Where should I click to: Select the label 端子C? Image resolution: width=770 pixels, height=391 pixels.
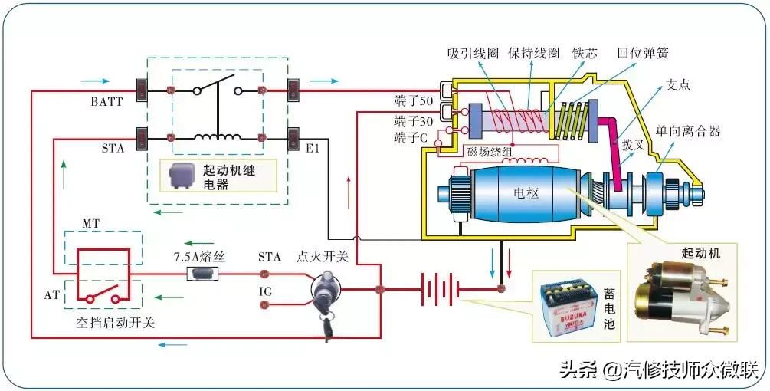(412, 138)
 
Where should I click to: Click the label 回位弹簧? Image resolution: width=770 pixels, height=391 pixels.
(642, 54)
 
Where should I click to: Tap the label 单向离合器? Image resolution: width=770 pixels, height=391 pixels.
(688, 131)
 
